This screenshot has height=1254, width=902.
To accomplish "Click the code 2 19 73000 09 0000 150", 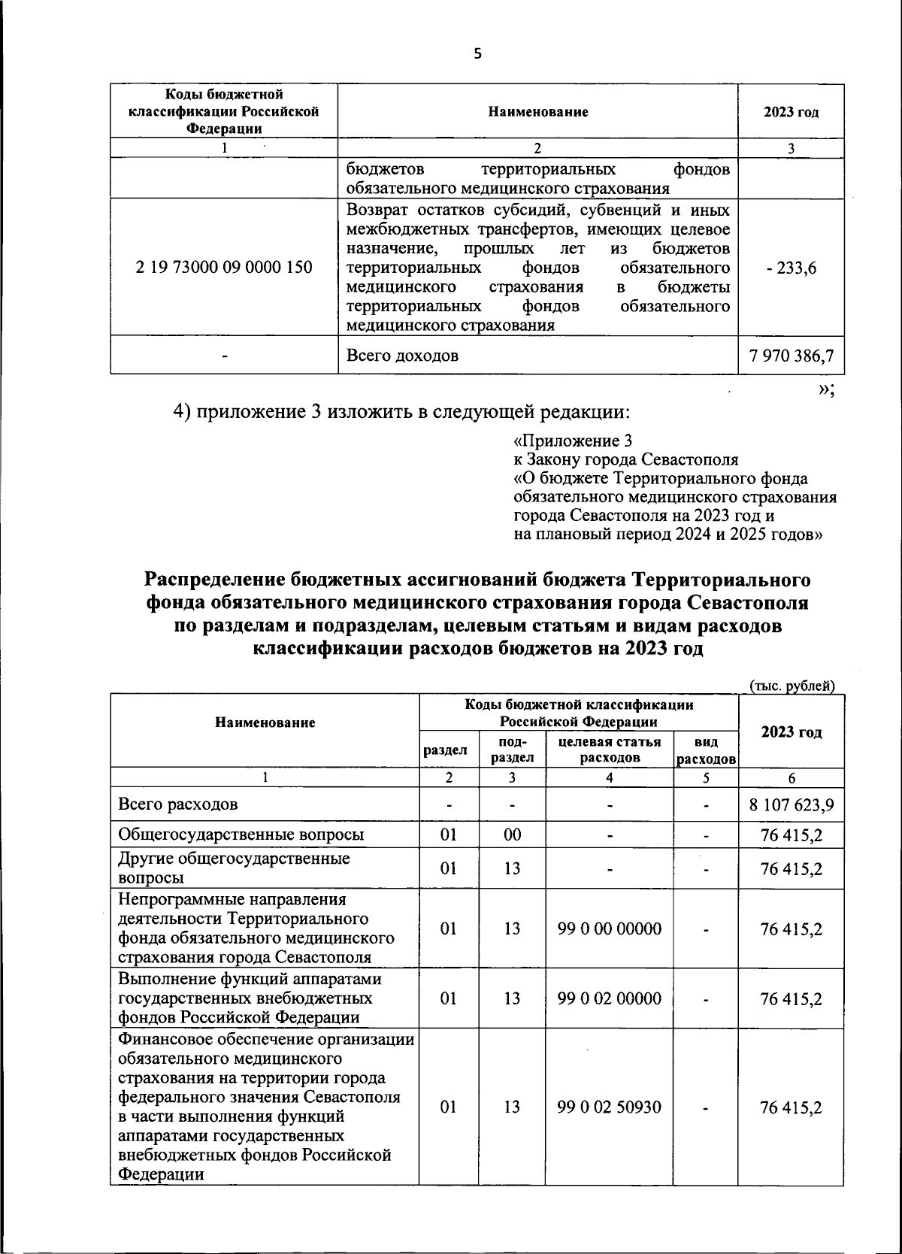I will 224,267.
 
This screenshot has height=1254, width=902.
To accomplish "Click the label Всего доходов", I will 402,355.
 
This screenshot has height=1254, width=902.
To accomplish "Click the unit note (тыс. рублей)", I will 792,686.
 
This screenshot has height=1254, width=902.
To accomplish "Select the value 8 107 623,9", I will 792,804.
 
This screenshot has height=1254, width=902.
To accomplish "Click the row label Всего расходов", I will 178,804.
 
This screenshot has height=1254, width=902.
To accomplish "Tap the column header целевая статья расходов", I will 609,750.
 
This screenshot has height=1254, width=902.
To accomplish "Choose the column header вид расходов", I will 705,750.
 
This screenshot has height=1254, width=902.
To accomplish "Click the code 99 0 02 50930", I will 609,1107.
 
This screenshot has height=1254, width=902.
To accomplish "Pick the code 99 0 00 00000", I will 609,929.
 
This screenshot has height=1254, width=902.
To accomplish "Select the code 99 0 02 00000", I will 609,999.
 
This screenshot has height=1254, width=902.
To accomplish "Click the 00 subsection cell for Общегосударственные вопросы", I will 512,834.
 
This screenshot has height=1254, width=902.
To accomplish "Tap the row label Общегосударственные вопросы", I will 241,834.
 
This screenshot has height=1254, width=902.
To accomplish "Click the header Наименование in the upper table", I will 537,112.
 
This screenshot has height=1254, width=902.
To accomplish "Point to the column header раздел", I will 448,750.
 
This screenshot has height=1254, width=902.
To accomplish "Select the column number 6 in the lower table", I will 792,778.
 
